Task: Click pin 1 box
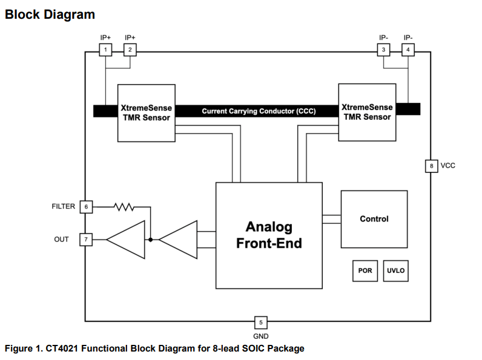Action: click(x=105, y=49)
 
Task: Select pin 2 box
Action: click(x=130, y=49)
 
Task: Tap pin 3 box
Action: click(x=383, y=49)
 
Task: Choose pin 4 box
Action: click(x=408, y=49)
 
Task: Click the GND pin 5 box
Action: click(x=260, y=322)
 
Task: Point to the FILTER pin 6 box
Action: click(x=86, y=207)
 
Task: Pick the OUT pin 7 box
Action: click(x=86, y=240)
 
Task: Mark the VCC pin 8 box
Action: click(x=431, y=166)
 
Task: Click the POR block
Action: click(x=365, y=271)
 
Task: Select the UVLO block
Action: click(x=395, y=271)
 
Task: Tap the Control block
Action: click(x=374, y=219)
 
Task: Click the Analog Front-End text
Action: click(x=269, y=235)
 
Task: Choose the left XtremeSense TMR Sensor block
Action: click(x=146, y=112)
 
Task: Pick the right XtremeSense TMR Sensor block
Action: click(x=367, y=112)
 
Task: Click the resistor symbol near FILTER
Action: click(x=124, y=207)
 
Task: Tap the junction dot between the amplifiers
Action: click(x=150, y=240)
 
